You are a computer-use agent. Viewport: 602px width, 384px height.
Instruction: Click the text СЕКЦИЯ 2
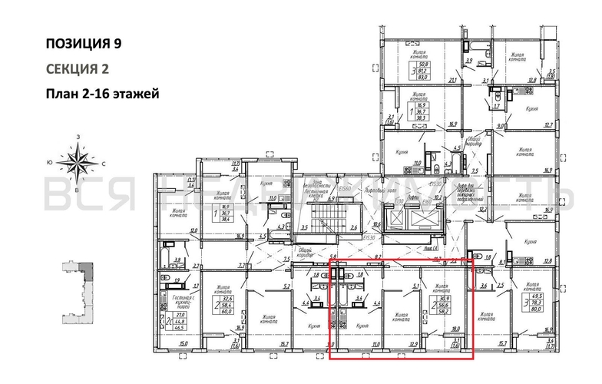77,69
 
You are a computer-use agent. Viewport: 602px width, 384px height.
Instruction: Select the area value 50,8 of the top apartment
423,64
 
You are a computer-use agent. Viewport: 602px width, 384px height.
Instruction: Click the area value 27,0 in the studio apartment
180,314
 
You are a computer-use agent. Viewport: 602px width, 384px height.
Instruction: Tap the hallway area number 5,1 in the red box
415,288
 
